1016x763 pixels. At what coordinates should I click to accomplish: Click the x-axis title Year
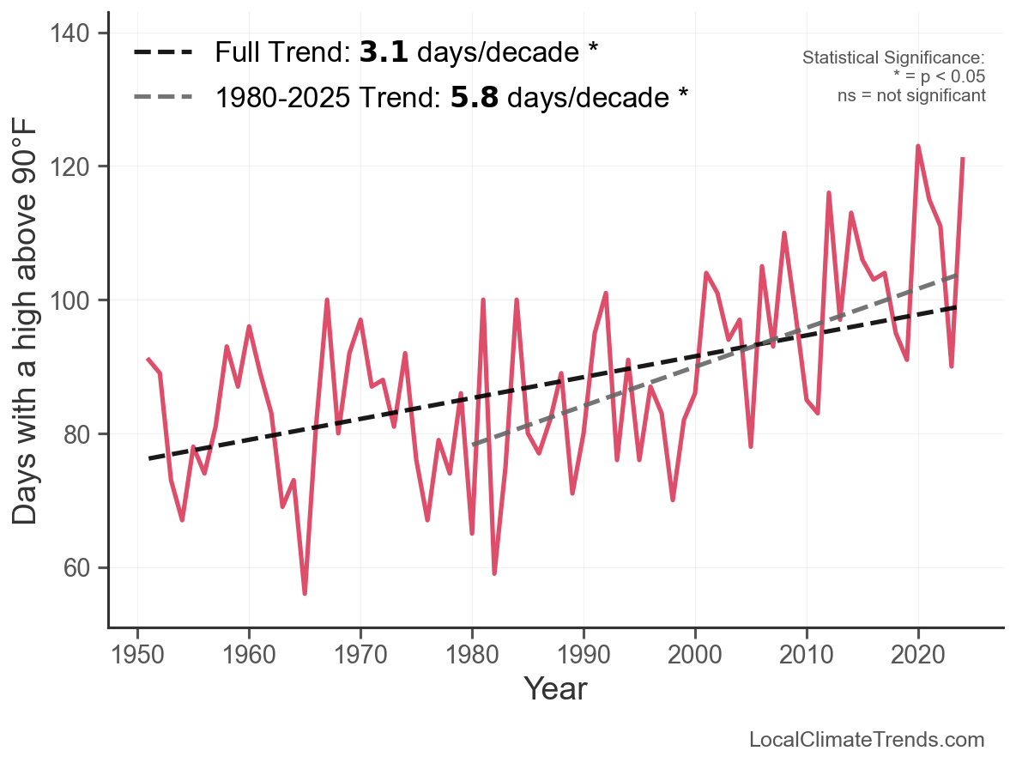tap(555, 688)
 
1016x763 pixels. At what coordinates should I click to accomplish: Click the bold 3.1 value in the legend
tap(383, 53)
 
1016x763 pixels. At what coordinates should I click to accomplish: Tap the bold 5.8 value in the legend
tap(475, 97)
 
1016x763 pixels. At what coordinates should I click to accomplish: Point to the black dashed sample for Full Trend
tap(163, 53)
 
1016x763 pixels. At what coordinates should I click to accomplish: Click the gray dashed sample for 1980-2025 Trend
tap(163, 97)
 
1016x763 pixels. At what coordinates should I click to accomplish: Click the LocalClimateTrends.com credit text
tap(867, 740)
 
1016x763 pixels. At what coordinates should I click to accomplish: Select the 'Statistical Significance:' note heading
tap(892, 58)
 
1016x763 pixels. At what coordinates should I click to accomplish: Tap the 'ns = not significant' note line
tap(911, 95)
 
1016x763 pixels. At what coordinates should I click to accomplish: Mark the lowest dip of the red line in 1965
tap(305, 593)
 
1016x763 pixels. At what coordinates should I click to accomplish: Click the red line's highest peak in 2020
tap(918, 147)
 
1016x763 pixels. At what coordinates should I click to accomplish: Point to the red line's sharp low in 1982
tap(494, 573)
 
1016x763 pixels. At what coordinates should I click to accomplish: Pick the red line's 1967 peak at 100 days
tap(327, 300)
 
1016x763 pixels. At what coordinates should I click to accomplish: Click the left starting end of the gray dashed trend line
tap(473, 445)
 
